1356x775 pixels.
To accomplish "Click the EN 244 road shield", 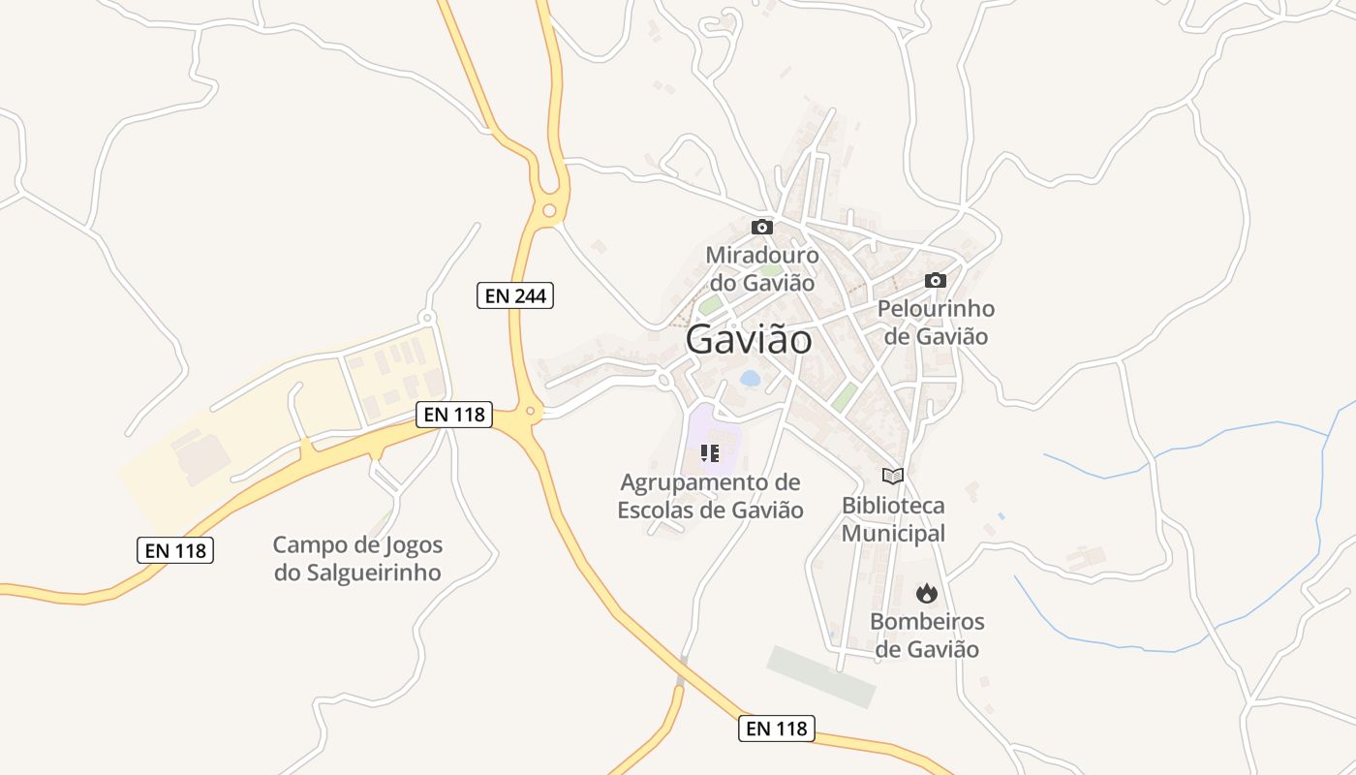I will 515,295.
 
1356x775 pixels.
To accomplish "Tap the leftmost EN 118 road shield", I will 174,550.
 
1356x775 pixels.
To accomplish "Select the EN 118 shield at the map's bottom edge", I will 776,728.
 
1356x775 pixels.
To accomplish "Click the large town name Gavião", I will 749,340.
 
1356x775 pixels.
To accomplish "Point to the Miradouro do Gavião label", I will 762,269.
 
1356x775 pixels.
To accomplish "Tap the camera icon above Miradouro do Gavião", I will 762,227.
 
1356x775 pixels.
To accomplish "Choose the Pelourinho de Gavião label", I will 936,323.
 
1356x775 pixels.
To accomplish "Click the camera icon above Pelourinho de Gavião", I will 935,280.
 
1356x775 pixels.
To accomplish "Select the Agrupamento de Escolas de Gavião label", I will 711,496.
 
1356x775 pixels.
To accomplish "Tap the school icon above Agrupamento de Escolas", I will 710,452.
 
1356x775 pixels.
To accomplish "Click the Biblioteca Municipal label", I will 893,519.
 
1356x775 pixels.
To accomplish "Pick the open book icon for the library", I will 893,476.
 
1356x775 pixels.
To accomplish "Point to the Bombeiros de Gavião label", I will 927,635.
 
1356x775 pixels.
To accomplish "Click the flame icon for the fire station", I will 927,592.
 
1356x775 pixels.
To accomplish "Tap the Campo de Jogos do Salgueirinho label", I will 357,558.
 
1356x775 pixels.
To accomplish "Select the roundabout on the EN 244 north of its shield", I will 549,209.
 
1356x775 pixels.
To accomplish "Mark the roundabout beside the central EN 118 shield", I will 529,411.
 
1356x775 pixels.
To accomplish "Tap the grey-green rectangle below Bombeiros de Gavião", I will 821,675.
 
